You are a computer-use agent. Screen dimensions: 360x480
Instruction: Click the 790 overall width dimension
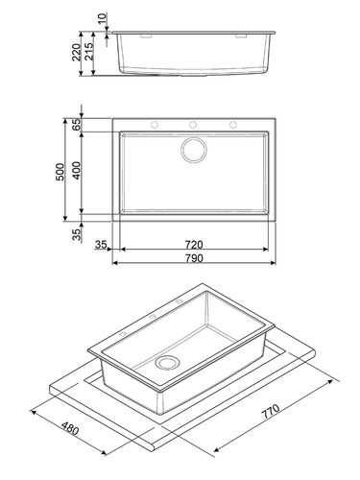pos(194,258)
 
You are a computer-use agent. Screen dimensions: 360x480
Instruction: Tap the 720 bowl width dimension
pos(194,245)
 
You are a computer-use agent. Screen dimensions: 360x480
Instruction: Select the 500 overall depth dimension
pos(60,172)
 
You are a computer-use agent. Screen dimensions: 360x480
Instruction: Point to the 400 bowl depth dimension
pos(77,171)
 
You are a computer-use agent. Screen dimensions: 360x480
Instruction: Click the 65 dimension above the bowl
pos(77,125)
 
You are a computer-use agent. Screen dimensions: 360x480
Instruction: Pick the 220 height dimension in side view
pos(77,53)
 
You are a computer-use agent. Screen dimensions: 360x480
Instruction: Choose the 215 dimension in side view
pos(89,52)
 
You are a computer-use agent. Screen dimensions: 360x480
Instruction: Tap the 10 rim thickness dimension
pos(103,18)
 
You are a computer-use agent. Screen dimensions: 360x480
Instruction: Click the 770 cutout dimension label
pos(271,412)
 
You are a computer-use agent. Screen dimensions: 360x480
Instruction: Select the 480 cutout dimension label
pos(70,428)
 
